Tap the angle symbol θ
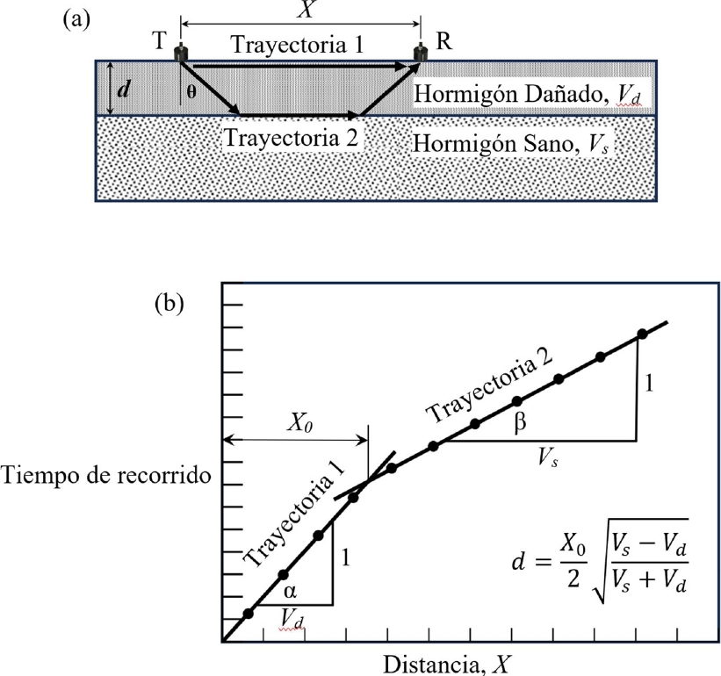click(x=189, y=91)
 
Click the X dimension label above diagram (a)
click(x=301, y=11)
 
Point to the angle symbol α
click(x=291, y=590)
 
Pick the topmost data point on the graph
click(x=641, y=334)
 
